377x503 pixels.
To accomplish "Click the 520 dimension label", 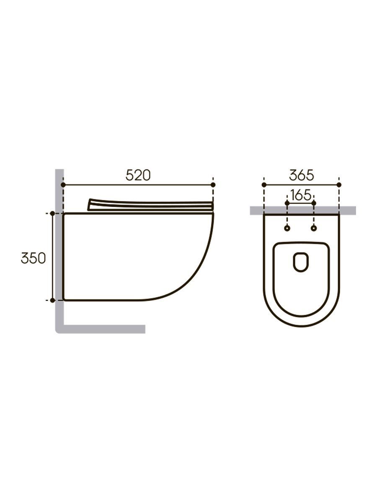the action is pos(138,175).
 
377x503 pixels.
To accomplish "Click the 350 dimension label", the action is pos(34,258).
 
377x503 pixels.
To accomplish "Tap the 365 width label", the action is pos(302,175).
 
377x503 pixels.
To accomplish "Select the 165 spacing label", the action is pos(301,195).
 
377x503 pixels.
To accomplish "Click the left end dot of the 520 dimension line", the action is pos(63,185).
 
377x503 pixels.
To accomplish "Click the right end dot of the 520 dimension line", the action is pos(213,185).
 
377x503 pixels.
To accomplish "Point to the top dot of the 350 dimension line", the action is pos(52,214).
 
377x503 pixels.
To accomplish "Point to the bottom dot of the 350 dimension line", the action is pos(52,300).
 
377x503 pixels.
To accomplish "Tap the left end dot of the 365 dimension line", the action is pos(264,185).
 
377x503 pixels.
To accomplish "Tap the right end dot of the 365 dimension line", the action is pos(339,185).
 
